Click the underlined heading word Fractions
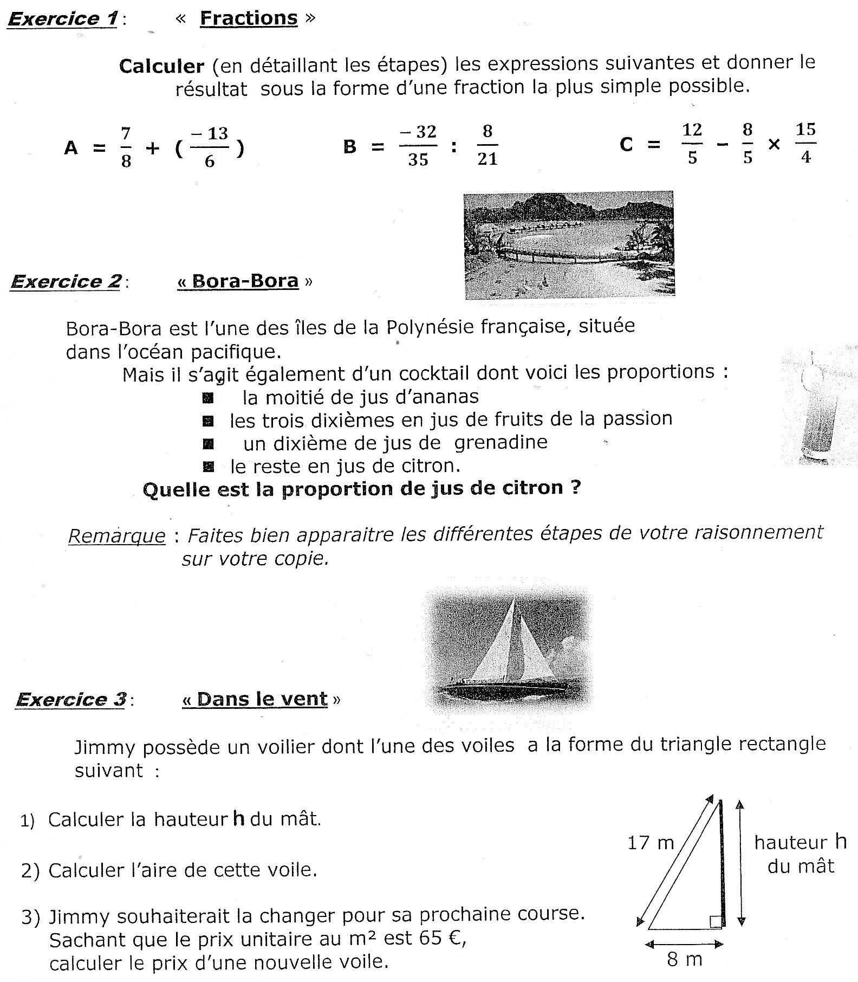(249, 18)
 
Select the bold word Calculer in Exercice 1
(161, 66)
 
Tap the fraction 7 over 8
(126, 147)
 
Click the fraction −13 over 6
(210, 147)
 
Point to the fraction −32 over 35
(418, 145)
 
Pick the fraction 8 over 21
(487, 145)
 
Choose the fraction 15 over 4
(805, 143)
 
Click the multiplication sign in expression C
(774, 145)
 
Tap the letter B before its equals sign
(350, 147)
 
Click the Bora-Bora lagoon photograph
(569, 244)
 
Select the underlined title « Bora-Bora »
(245, 281)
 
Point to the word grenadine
(500, 442)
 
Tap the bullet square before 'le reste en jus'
(208, 466)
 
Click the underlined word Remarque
(116, 536)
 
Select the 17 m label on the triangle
(651, 843)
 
